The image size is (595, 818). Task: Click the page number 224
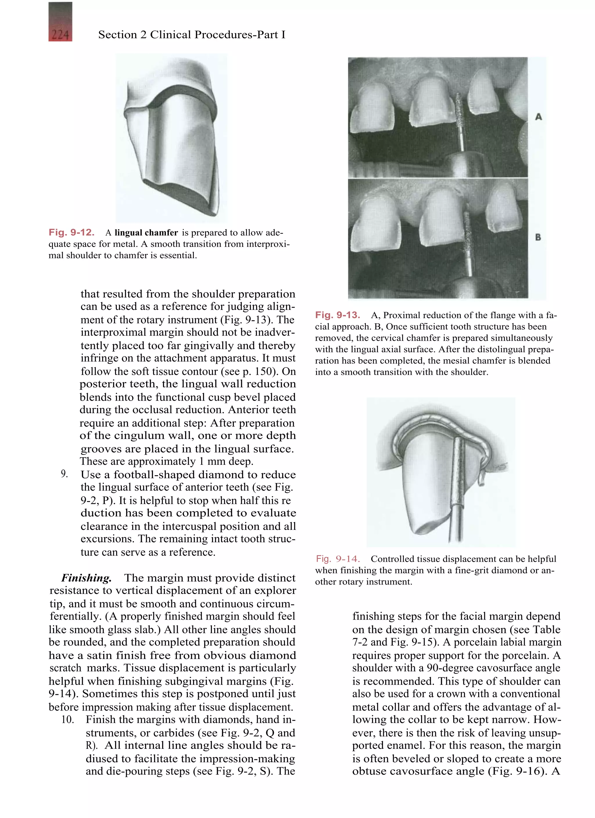60,35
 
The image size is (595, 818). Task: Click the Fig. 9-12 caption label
71,232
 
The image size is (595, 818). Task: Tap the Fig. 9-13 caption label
337,315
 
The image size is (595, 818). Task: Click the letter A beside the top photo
538,117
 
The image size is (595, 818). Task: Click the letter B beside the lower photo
538,237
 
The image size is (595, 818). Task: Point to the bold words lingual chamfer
146,233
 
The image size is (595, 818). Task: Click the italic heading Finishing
86,578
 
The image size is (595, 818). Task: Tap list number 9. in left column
64,474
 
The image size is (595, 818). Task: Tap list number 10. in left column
67,719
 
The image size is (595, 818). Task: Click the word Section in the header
116,35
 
